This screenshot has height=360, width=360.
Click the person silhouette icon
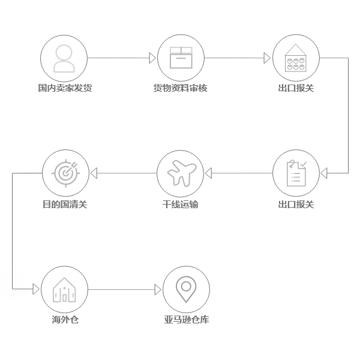coord(64,58)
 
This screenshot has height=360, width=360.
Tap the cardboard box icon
coord(180,58)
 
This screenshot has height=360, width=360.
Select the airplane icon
coord(180,173)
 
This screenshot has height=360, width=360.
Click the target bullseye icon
coord(65,173)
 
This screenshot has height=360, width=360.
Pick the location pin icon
coord(185,289)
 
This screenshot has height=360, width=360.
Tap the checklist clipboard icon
coord(296,173)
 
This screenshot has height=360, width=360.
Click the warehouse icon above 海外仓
coord(64,289)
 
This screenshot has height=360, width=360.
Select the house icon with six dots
coord(296,58)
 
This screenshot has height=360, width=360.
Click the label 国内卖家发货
coord(65,88)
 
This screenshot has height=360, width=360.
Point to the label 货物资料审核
coord(180,88)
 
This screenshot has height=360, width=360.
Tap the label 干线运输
coord(180,205)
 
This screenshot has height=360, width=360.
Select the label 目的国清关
coord(65,205)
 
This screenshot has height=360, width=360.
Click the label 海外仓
coord(65,320)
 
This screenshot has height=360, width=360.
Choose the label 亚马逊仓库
coord(186,320)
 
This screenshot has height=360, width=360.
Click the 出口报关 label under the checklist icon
coord(296,205)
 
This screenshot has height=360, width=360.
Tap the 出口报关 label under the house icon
coord(296,88)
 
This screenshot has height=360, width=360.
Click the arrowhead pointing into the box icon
coord(152,58)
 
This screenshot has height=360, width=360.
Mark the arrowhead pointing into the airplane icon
coord(208,173)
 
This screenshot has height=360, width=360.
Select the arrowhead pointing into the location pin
coord(158,290)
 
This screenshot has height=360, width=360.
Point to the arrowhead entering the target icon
coord(93,173)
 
